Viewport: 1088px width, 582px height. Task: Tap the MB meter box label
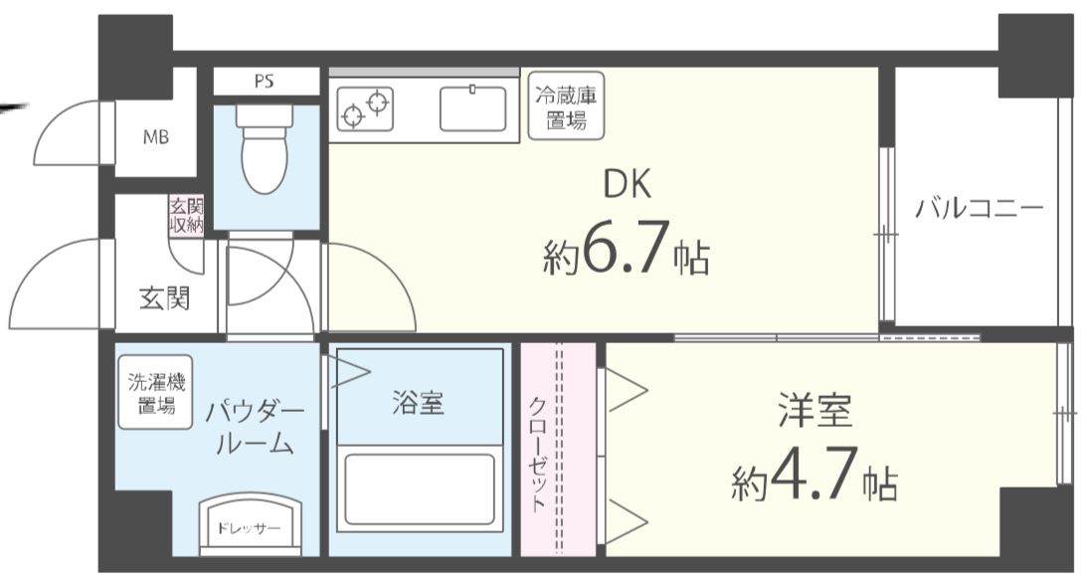(x=155, y=137)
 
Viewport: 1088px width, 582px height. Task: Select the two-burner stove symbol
(x=365, y=108)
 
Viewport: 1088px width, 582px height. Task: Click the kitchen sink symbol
(x=473, y=108)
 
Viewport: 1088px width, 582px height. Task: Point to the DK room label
(x=628, y=185)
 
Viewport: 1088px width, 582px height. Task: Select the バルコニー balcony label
(x=979, y=209)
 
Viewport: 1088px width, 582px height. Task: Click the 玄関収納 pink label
(x=186, y=216)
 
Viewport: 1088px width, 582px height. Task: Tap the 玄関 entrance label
(x=164, y=296)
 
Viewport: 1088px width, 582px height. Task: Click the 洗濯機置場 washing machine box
(x=155, y=392)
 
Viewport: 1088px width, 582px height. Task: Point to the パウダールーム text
(x=255, y=426)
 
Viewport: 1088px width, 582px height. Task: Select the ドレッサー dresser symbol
(x=249, y=523)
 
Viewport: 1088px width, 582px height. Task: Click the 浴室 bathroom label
(x=418, y=403)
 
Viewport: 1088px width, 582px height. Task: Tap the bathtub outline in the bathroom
(x=419, y=489)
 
